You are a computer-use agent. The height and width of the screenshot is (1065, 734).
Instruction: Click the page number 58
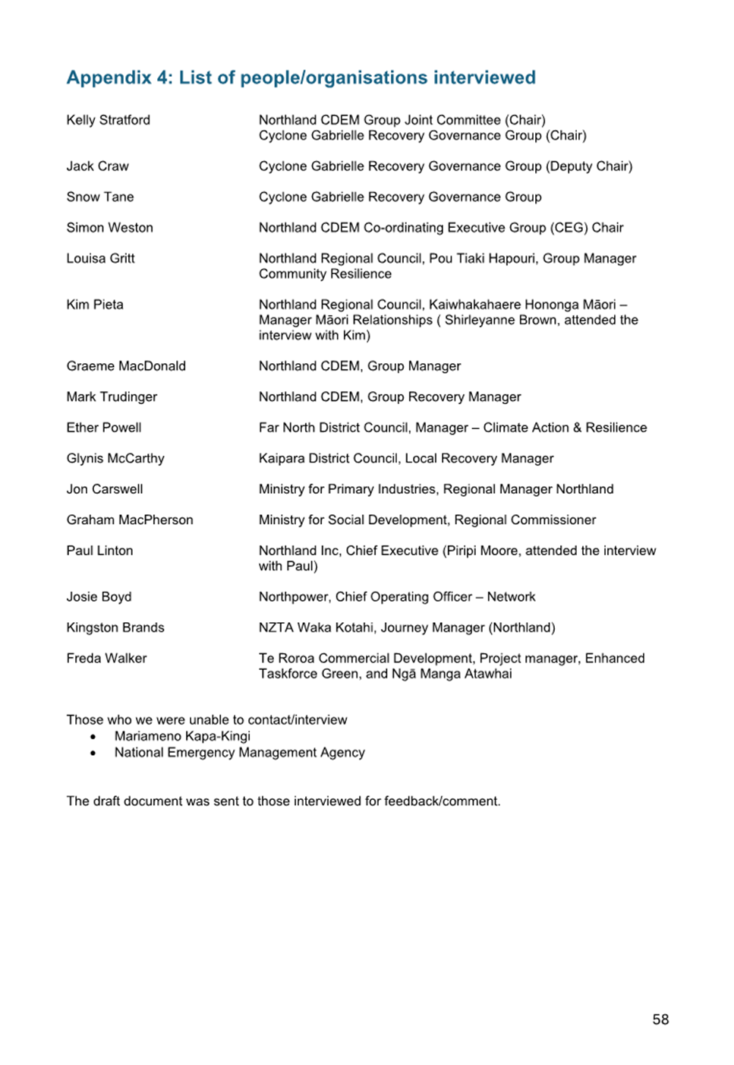(660, 1019)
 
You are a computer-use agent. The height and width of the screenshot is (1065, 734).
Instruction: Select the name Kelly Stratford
(108, 120)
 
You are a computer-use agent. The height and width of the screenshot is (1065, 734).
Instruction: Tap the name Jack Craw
(97, 166)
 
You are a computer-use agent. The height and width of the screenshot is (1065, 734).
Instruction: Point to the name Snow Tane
(99, 197)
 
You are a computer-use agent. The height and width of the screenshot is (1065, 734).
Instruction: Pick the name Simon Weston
(109, 228)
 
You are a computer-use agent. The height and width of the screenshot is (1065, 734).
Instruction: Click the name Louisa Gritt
(100, 258)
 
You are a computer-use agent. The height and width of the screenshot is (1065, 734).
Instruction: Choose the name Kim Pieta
(94, 305)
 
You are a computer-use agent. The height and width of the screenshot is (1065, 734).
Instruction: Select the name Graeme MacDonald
(126, 366)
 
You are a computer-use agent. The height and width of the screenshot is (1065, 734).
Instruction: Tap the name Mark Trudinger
(112, 397)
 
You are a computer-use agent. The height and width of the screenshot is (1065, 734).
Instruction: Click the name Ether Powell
(103, 428)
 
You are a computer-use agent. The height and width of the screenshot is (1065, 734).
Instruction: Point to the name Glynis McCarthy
(115, 458)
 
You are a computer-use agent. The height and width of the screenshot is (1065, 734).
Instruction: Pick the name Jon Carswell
(104, 489)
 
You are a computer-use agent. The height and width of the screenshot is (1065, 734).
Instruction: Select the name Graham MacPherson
(129, 520)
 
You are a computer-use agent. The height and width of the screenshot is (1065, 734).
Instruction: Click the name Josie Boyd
(99, 597)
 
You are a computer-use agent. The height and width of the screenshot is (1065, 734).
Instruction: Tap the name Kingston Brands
(115, 627)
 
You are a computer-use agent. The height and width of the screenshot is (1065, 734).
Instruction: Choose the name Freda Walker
(106, 659)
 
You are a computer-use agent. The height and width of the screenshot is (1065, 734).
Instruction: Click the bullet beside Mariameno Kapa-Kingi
(93, 737)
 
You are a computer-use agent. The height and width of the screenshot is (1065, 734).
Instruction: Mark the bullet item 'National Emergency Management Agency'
(239, 753)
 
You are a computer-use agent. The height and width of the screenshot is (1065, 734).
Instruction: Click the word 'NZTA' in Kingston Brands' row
(276, 627)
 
